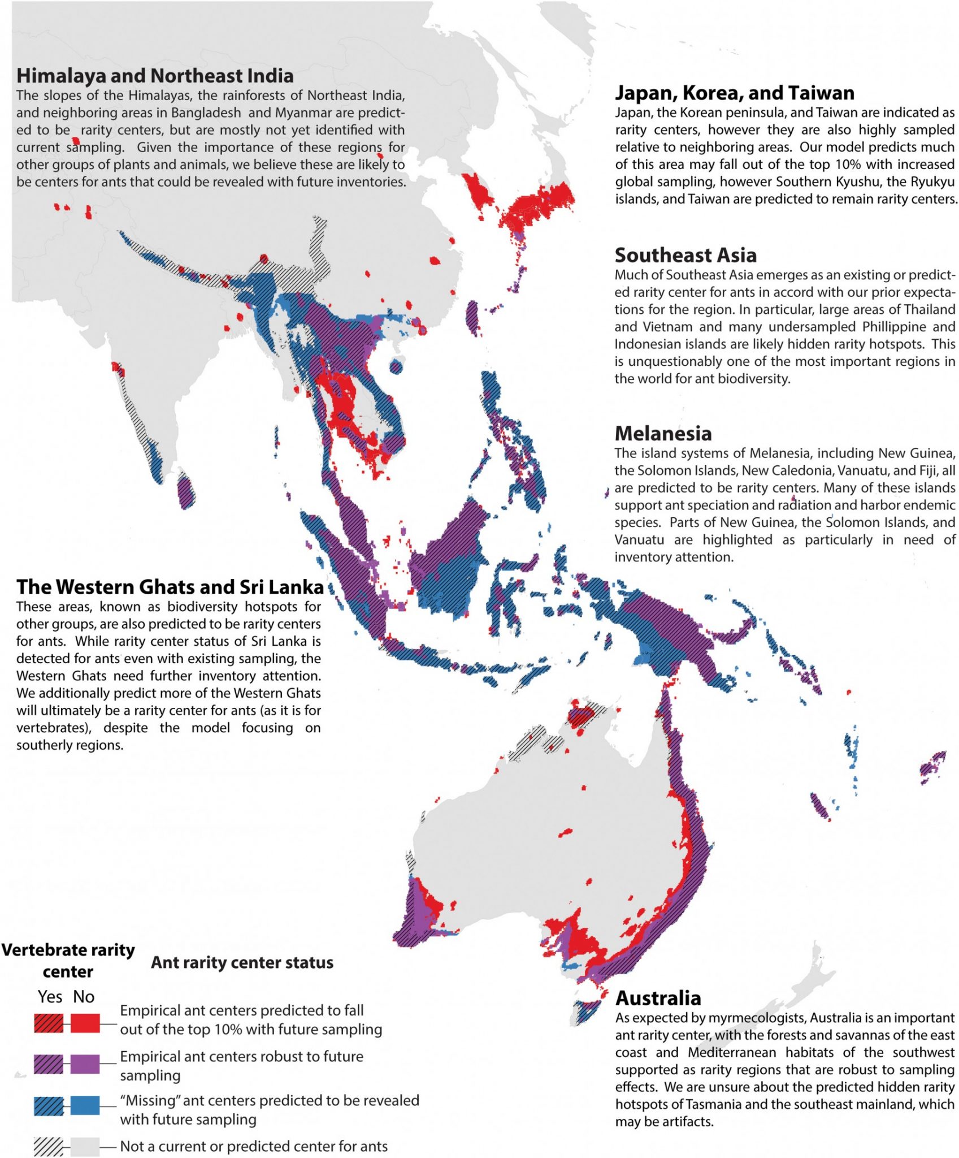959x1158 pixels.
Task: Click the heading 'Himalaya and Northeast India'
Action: click(x=155, y=76)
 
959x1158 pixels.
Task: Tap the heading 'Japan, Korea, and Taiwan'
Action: click(x=735, y=93)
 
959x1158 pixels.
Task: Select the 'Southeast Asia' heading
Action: click(x=685, y=255)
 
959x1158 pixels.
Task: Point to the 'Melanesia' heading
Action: click(x=663, y=433)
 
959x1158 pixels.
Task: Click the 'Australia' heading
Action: click(x=658, y=998)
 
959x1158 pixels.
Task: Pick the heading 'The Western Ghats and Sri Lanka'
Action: click(x=170, y=587)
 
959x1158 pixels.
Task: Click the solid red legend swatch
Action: click(x=85, y=1023)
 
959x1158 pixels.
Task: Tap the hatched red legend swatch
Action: click(x=49, y=1023)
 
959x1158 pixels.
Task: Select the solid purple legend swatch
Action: click(x=85, y=1064)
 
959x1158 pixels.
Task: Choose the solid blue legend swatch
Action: click(x=85, y=1105)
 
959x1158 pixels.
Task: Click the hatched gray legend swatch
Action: click(x=49, y=1147)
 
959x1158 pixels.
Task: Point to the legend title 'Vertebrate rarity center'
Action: click(x=68, y=961)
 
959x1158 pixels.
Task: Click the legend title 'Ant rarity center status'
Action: click(x=242, y=962)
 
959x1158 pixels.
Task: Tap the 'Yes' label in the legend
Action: click(x=50, y=996)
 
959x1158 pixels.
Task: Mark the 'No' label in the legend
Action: click(x=84, y=996)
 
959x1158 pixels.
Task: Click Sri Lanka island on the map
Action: click(x=186, y=492)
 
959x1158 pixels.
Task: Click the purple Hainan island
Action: click(x=396, y=367)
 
